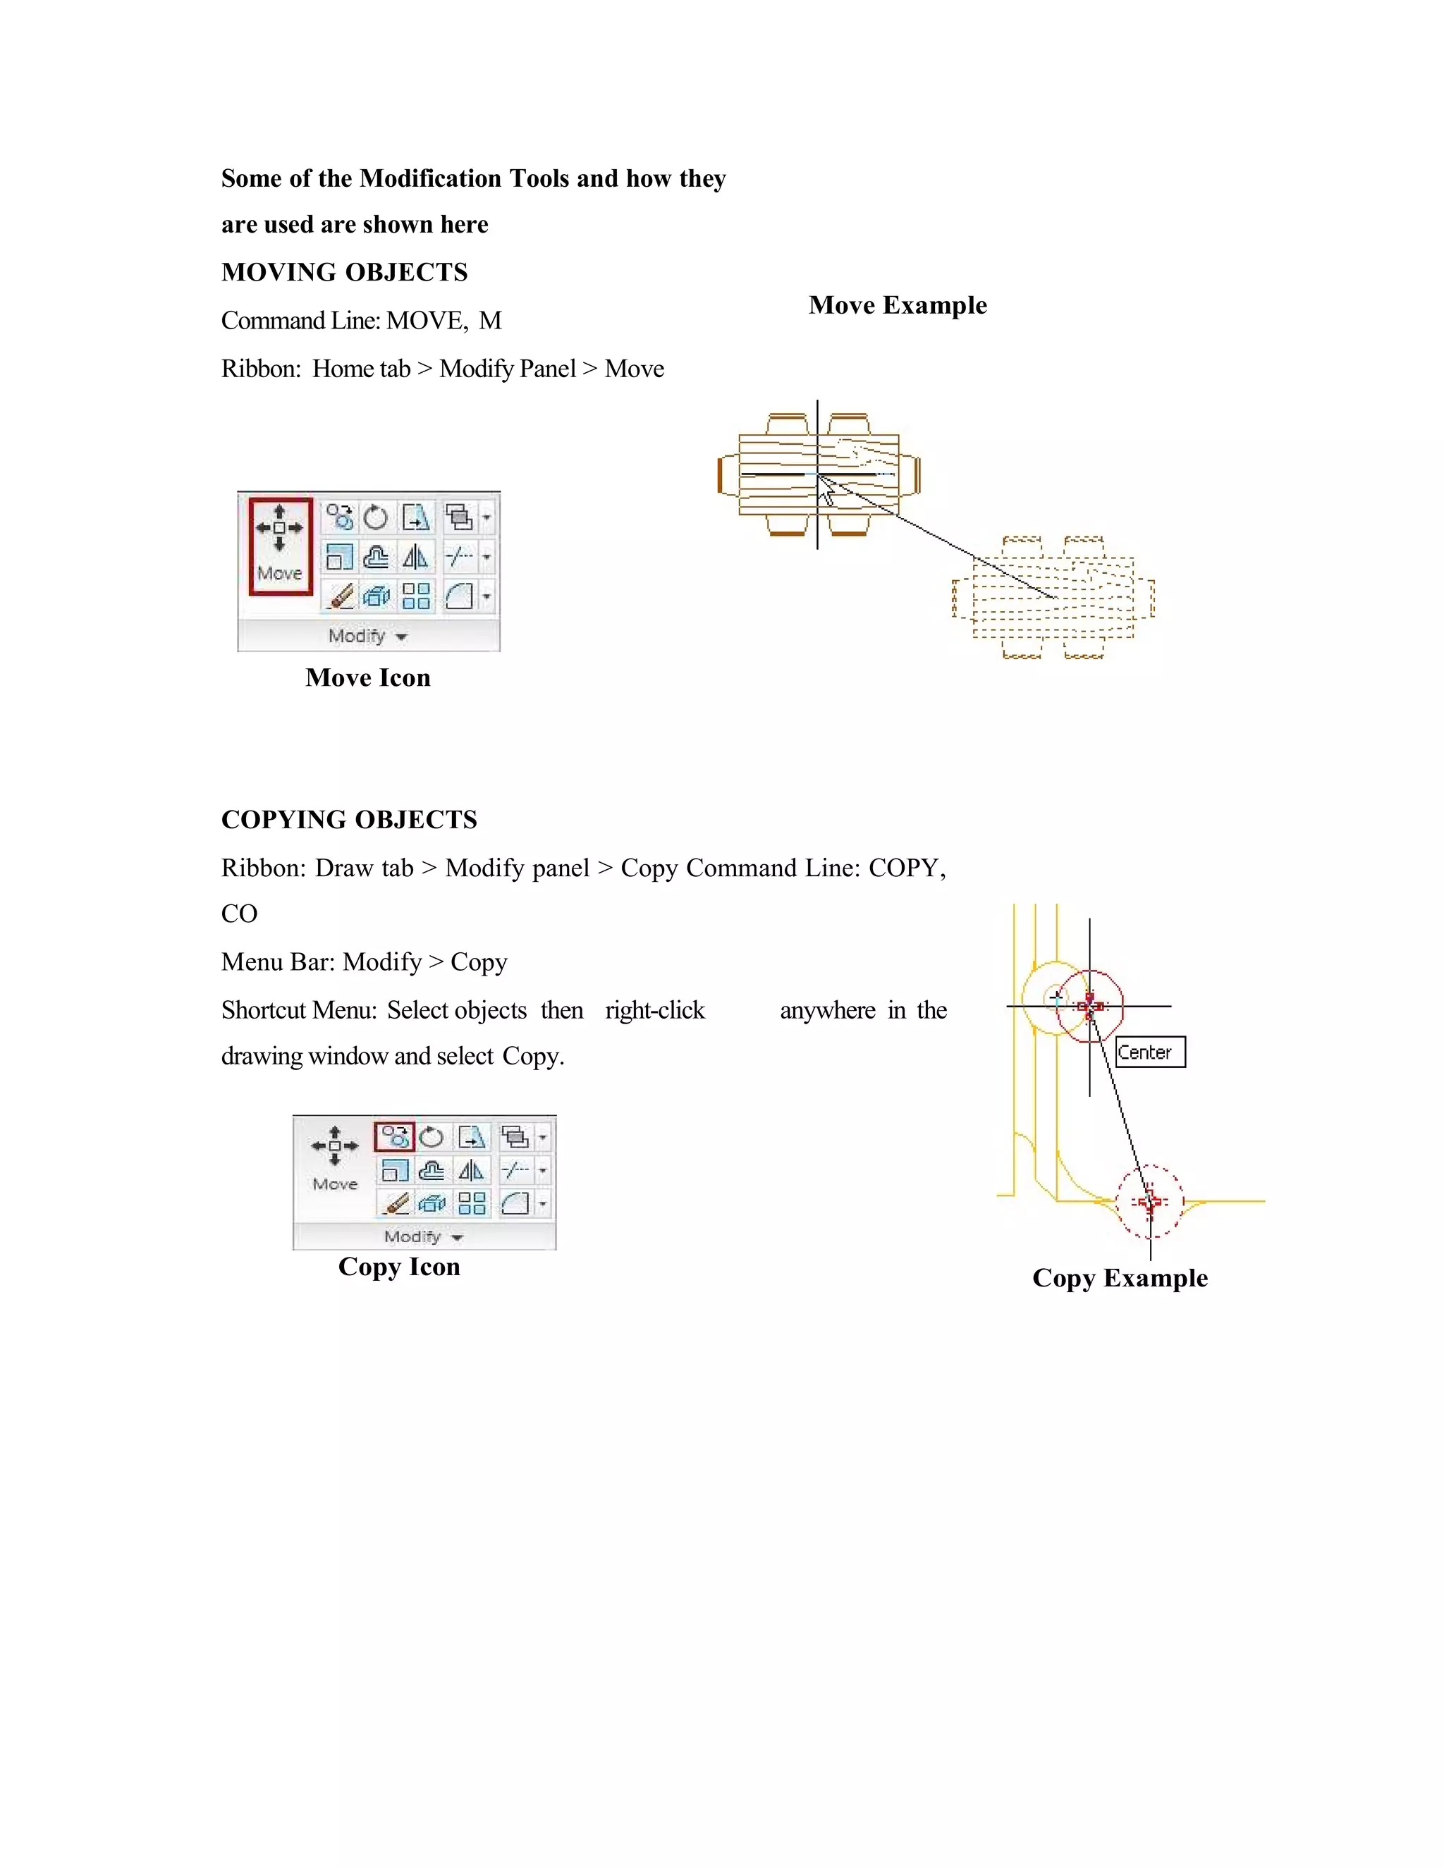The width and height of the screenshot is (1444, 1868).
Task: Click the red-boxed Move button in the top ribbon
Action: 280,545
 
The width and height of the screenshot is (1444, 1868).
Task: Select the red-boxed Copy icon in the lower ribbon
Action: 394,1137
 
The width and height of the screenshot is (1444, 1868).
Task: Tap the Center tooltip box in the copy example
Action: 1150,1052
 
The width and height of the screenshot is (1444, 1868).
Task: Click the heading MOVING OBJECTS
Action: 344,272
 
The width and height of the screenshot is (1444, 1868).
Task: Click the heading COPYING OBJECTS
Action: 349,819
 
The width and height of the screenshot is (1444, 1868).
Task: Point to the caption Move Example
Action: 898,305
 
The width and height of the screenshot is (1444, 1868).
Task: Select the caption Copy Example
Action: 1119,1278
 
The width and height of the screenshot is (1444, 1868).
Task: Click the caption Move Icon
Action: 368,677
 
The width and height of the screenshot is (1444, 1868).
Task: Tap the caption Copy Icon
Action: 398,1267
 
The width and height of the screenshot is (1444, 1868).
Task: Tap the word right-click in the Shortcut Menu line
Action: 654,1010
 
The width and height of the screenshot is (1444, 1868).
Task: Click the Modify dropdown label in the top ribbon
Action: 367,637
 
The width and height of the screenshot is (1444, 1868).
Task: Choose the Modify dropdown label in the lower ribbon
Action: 422,1237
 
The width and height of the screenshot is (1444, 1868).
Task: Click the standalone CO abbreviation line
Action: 239,914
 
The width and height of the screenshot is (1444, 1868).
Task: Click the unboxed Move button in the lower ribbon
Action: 334,1158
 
